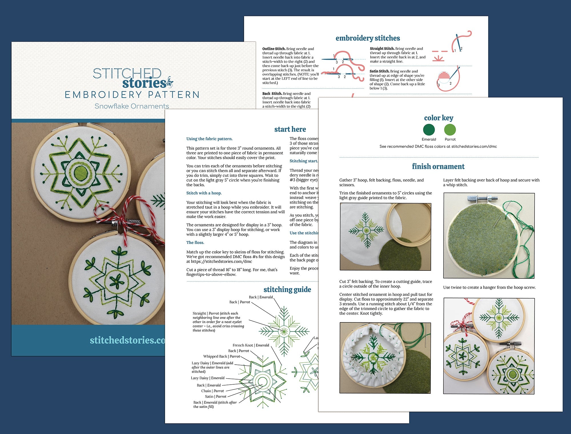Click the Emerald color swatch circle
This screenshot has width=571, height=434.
[x=429, y=130]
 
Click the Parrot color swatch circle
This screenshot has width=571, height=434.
[x=450, y=130]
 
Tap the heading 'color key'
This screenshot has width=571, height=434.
[x=439, y=118]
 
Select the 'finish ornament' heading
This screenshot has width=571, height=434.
[x=438, y=166]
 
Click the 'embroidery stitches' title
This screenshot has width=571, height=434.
[x=367, y=38]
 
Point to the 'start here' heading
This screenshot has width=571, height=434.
[x=290, y=129]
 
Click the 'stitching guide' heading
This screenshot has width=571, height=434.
[x=287, y=290]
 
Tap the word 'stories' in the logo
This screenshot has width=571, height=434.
[x=144, y=83]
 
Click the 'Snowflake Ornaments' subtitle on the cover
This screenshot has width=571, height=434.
[x=132, y=106]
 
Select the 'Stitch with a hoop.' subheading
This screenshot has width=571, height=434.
[x=204, y=193]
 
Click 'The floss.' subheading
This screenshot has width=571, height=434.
[x=195, y=243]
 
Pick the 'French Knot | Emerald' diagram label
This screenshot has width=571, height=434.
[x=251, y=345]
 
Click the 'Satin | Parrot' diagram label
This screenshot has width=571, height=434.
[x=216, y=397]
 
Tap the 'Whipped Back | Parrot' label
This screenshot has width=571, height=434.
[x=222, y=356]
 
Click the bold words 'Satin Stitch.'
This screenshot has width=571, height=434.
[x=379, y=71]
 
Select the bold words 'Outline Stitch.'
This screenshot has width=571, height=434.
[x=274, y=49]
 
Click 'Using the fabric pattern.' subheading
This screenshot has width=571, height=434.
[x=209, y=139]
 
